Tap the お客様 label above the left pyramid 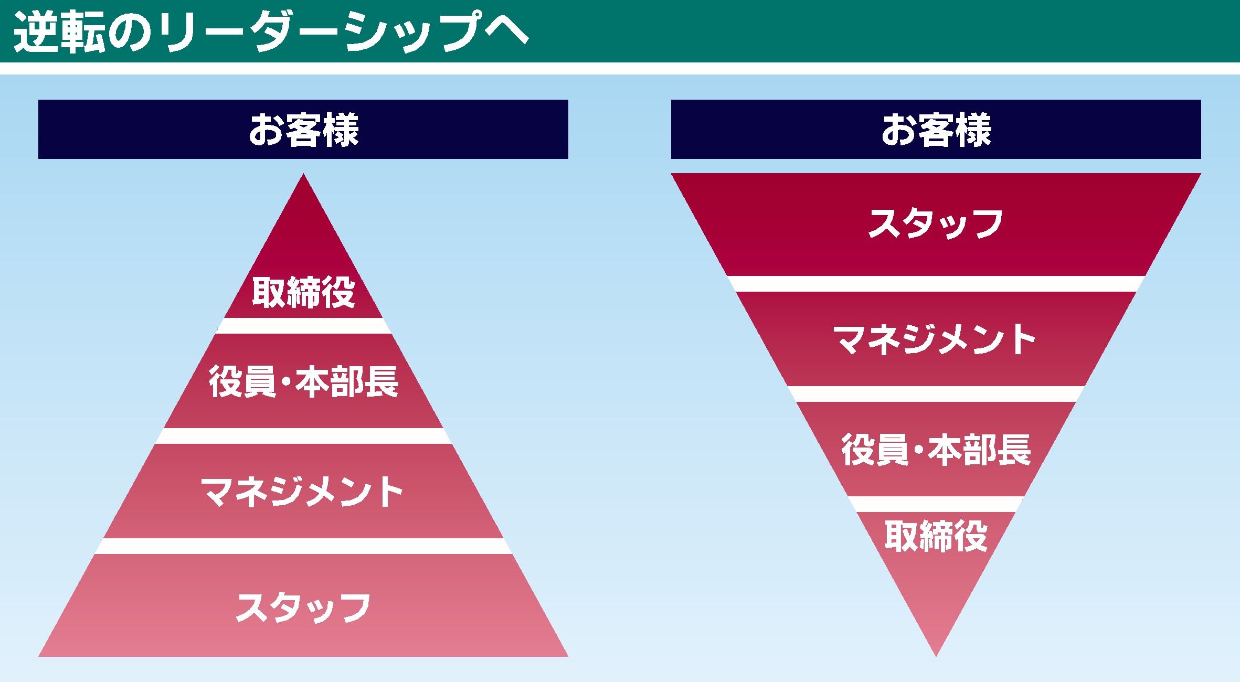303,130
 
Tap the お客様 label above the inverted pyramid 936,130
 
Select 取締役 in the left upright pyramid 303,292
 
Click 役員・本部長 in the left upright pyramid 303,381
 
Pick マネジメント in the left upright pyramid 302,492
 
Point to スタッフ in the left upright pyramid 303,607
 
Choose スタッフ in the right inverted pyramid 936,224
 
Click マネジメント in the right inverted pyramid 935,339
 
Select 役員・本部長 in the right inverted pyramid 936,450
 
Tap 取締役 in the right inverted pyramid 936,536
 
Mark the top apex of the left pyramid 303,174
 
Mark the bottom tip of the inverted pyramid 936,656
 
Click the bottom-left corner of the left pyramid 39,656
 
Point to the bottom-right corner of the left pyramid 568,656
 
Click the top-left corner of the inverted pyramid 672,174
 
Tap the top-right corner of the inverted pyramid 1201,174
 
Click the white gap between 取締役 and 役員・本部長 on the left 303,326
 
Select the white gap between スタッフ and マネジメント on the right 936,284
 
